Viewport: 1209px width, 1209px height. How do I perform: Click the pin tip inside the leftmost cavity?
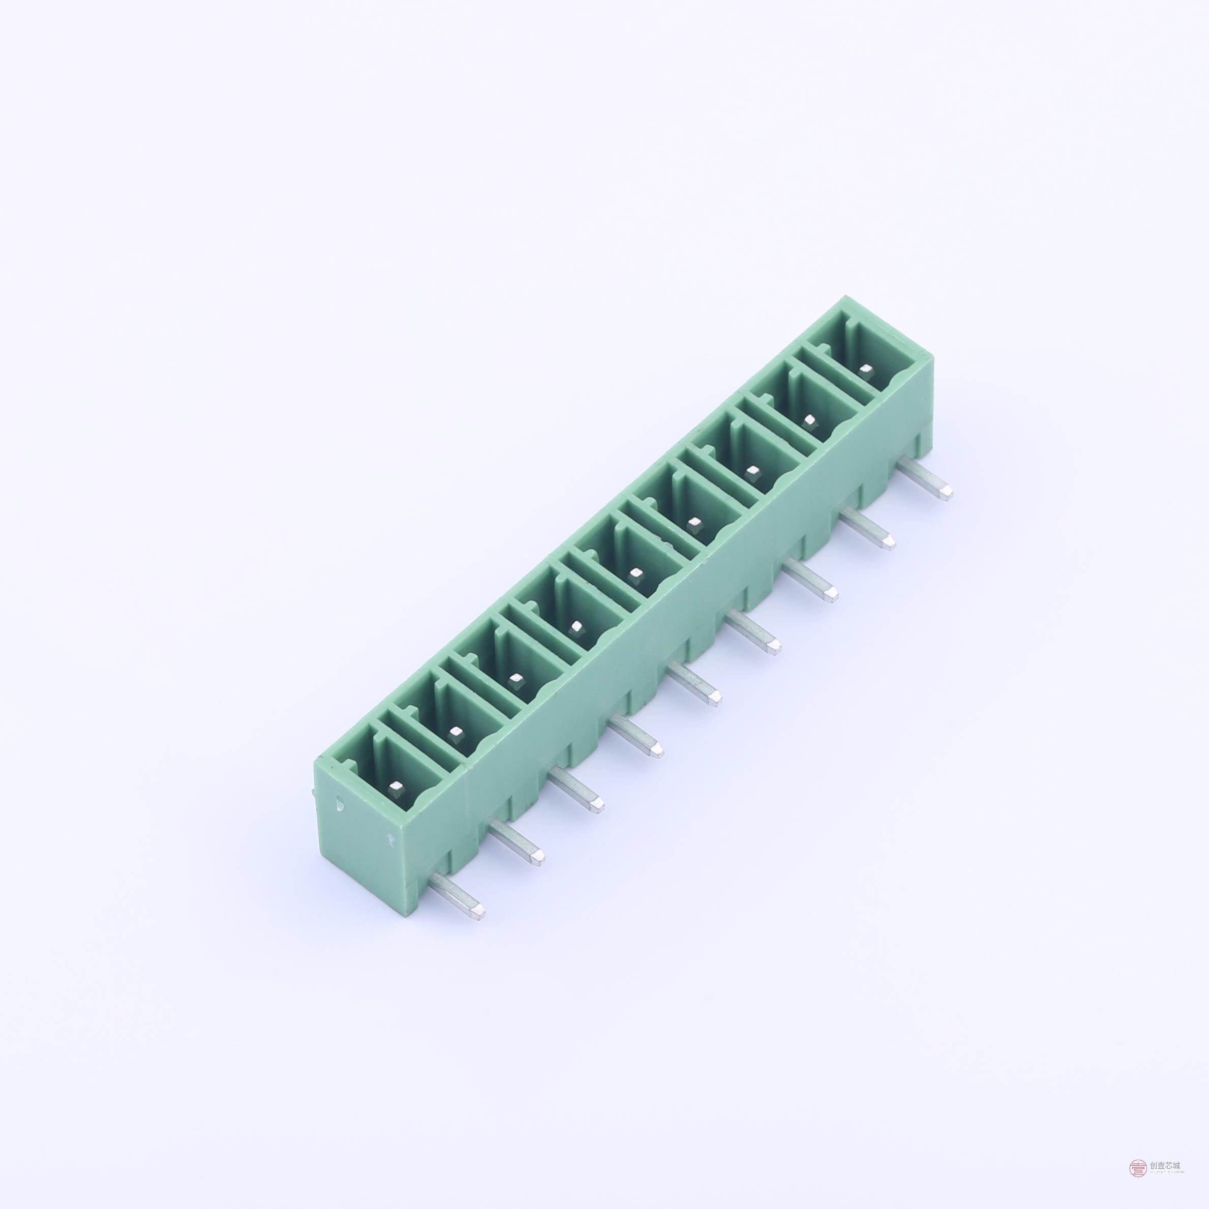[396, 785]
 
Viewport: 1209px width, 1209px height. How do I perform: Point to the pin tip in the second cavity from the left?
[456, 731]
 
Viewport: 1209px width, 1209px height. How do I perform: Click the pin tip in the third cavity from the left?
[515, 678]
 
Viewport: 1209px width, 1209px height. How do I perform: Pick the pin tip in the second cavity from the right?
[810, 419]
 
